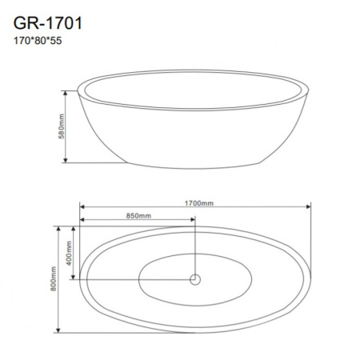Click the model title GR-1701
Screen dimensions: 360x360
(x=48, y=23)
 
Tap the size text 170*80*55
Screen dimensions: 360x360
(x=38, y=41)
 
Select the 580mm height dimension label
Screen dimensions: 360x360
(x=62, y=126)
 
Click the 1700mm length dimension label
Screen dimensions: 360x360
(x=199, y=203)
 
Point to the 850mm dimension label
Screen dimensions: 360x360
(x=138, y=216)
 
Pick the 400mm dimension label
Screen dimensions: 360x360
(x=69, y=253)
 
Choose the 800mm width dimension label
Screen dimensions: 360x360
(x=54, y=278)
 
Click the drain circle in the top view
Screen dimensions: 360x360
(x=195, y=279)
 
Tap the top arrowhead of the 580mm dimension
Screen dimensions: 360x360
(x=66, y=93)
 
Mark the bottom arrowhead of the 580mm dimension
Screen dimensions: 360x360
(x=66, y=160)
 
